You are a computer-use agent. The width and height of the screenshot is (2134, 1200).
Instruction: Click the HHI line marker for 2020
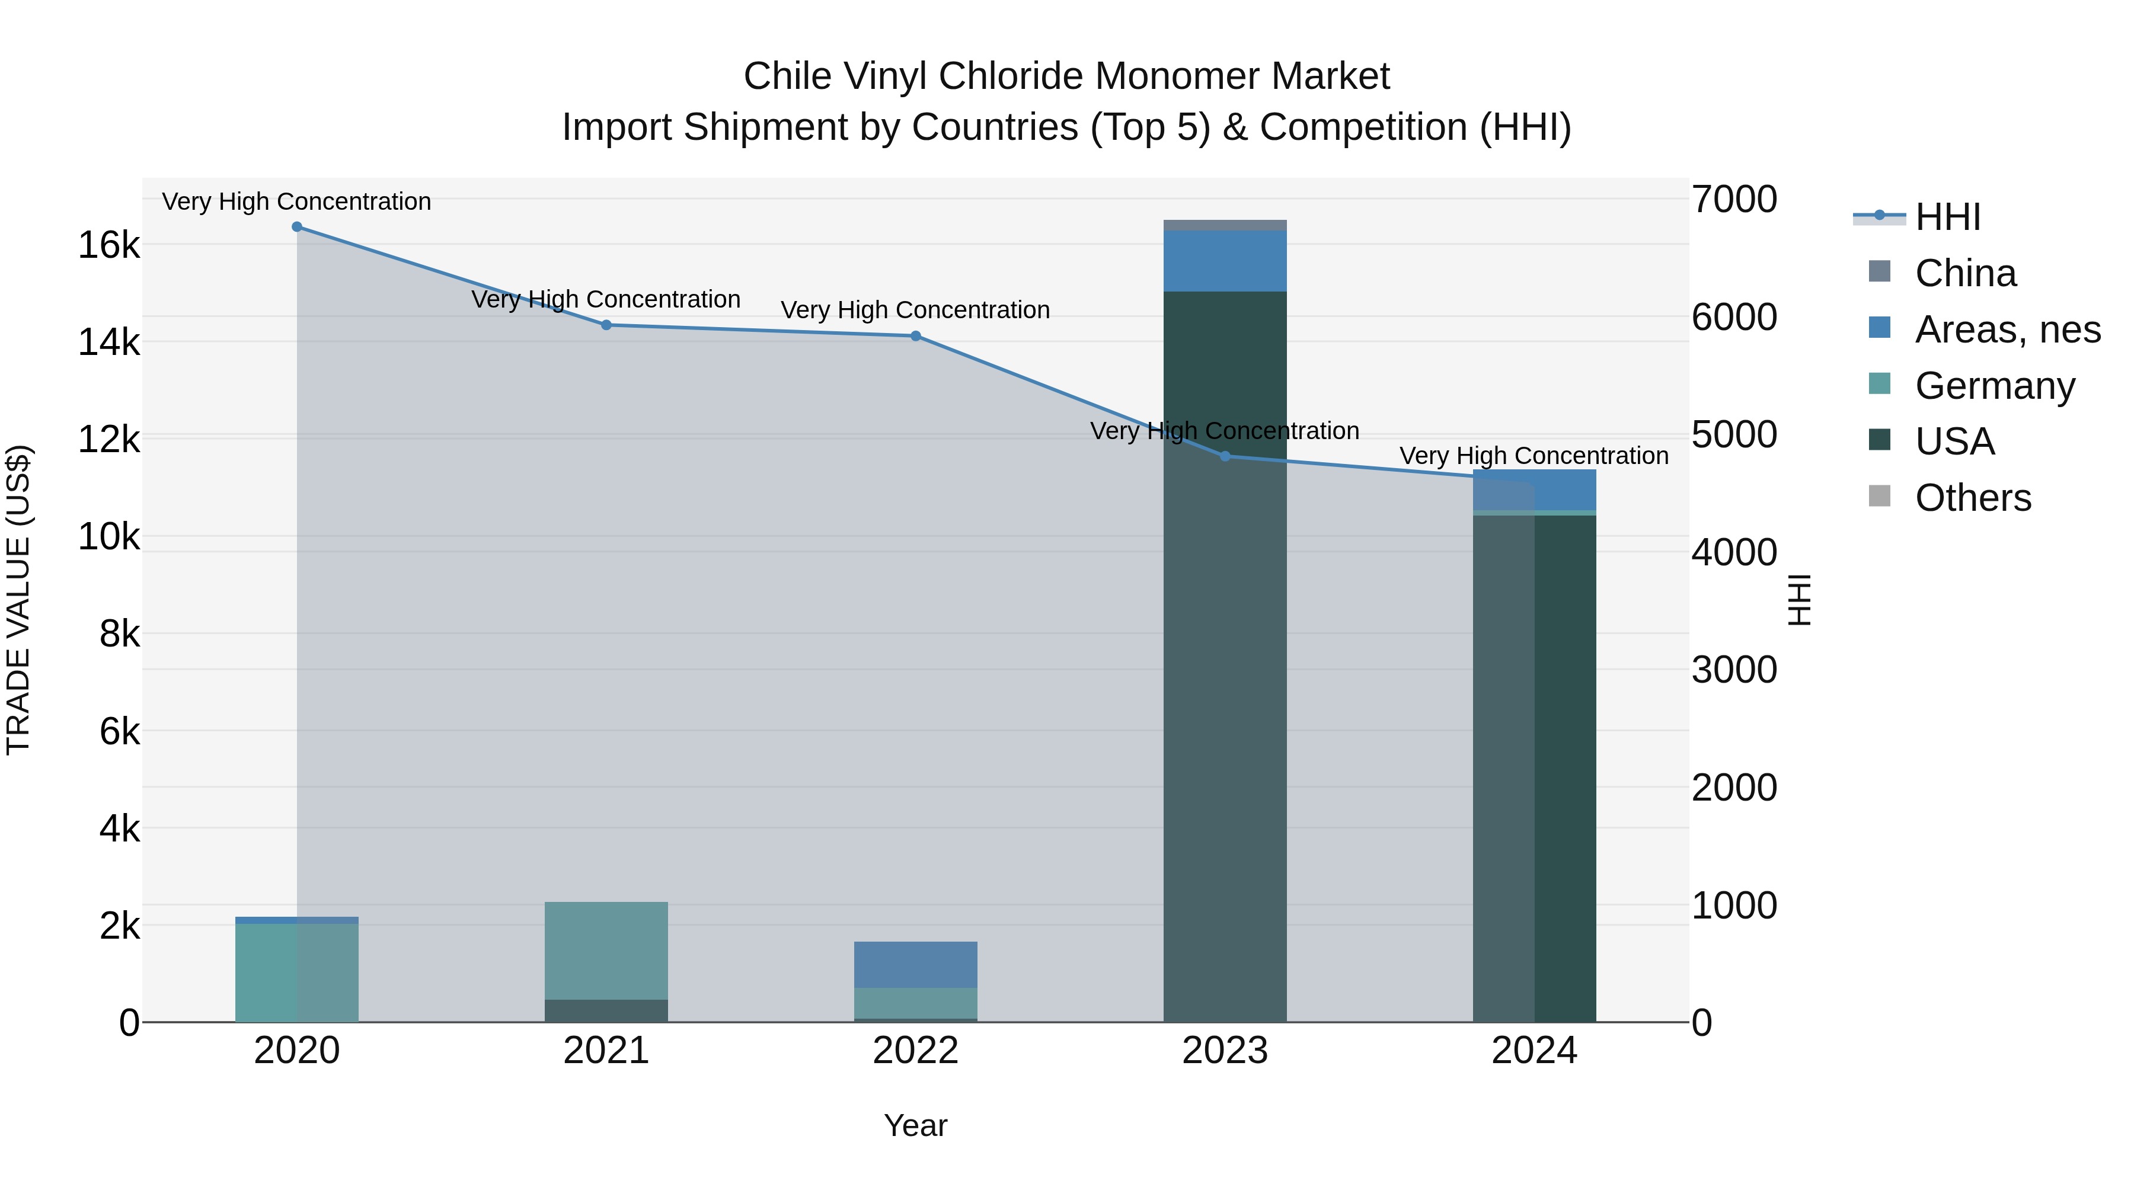296,227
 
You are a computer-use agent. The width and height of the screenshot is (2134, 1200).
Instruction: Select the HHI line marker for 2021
606,325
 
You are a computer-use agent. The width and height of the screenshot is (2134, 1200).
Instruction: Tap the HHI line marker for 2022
915,336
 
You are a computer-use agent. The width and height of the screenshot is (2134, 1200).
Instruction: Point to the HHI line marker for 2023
1225,456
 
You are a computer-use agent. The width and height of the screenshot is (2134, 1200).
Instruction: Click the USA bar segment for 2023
1225,663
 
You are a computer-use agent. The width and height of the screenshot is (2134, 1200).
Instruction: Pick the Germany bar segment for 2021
606,951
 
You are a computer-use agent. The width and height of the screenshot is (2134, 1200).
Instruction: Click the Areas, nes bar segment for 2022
915,965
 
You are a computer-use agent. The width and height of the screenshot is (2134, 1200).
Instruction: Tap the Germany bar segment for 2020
296,973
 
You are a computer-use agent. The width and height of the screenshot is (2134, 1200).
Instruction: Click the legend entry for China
1965,273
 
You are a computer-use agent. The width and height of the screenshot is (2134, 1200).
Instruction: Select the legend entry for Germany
1995,386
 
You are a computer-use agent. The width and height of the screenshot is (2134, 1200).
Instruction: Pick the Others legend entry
1972,498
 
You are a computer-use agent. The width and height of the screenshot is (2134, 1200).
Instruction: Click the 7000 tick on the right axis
1734,200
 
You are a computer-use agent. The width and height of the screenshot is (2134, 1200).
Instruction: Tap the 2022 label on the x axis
915,1051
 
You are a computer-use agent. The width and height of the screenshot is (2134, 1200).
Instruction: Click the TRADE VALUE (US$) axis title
19,600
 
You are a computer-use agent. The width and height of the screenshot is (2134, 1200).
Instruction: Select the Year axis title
915,1125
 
